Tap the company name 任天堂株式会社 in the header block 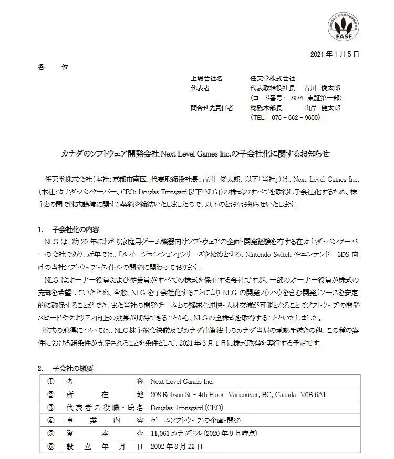click(272, 78)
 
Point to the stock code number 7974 click(295, 98)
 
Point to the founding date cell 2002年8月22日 click(175, 446)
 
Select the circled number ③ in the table click(51, 406)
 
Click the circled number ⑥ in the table click(51, 446)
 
